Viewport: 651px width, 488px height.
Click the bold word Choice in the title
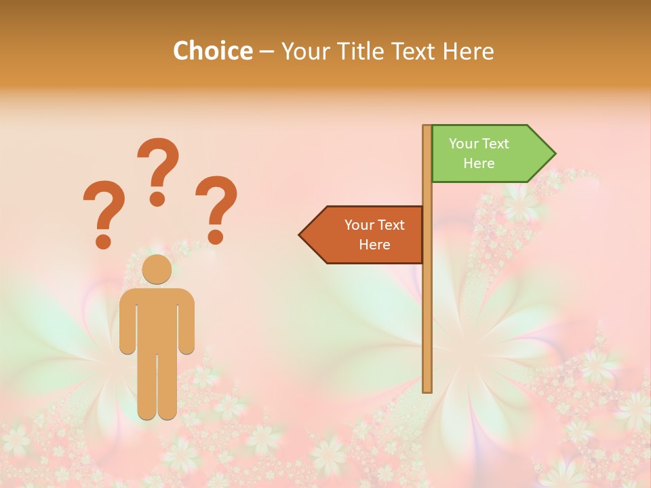[x=212, y=52]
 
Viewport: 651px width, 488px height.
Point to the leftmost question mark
[x=104, y=213]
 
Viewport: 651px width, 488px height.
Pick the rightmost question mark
[x=216, y=209]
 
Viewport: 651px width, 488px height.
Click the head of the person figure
[x=157, y=269]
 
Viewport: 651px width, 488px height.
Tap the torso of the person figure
[x=157, y=319]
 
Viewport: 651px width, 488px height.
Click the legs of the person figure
[x=157, y=386]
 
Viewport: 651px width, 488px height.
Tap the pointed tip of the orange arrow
[x=301, y=235]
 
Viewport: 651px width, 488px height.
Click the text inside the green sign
[x=479, y=153]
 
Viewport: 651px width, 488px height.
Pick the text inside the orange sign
[x=374, y=235]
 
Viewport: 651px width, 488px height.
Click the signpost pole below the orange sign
[x=427, y=325]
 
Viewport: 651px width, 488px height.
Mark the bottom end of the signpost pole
[x=427, y=390]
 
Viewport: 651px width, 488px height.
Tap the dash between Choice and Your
[x=267, y=52]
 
